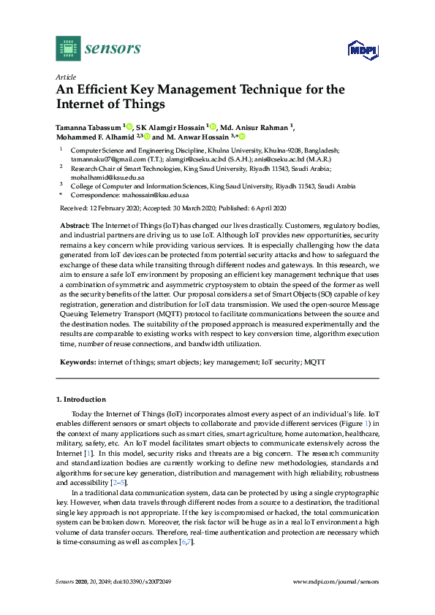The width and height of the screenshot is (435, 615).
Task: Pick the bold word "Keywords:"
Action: tap(76, 362)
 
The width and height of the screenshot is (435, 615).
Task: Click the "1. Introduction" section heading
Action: tap(81, 400)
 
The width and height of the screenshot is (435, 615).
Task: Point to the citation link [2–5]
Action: tap(118, 483)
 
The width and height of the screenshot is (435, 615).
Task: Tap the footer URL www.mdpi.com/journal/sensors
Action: tap(336, 581)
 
